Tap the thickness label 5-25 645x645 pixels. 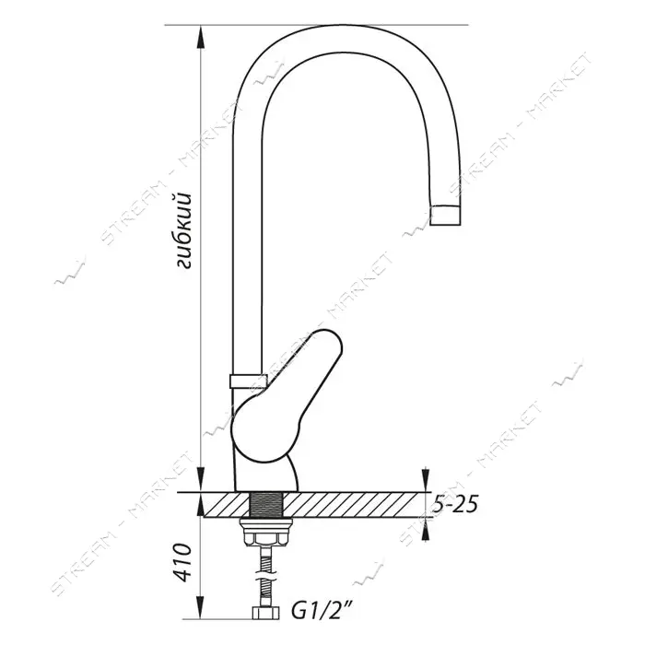455,503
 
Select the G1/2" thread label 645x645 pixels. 322,613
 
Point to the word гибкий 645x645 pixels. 183,230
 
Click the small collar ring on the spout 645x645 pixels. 248,381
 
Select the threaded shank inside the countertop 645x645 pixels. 265,504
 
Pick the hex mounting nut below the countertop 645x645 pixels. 267,533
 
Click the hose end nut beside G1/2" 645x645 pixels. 265,613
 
